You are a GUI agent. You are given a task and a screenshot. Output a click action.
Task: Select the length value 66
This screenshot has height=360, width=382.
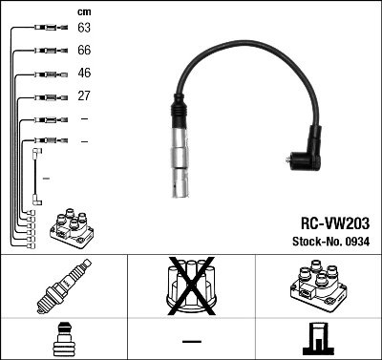pos(83,52)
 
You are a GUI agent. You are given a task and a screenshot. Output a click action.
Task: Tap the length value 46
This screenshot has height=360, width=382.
pos(83,74)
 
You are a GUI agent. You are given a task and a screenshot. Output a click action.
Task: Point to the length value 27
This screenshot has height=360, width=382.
pos(83,95)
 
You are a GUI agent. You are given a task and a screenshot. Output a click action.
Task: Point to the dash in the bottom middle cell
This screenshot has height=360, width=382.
pos(191,340)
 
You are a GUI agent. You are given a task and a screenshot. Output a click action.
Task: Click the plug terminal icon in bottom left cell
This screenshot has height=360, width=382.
pos(63,340)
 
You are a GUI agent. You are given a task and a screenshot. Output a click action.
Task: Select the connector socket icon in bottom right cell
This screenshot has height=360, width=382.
pos(317,340)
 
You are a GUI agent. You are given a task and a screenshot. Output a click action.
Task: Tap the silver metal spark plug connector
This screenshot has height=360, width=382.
pos(179,164)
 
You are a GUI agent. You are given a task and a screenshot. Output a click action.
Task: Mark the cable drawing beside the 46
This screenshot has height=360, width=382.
pos(46,74)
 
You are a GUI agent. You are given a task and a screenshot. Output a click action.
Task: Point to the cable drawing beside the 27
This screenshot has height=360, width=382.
pos(46,95)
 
